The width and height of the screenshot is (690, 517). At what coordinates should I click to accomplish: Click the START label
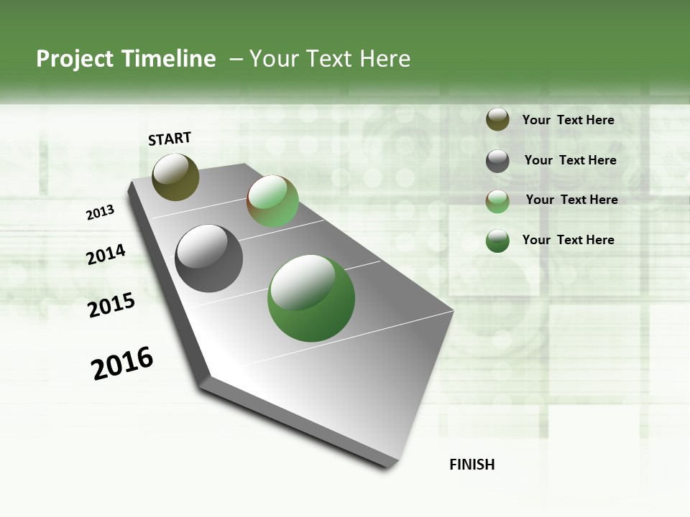click(170, 139)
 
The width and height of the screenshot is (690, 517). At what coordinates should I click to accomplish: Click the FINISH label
click(472, 465)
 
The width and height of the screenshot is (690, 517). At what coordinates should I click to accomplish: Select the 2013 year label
click(101, 213)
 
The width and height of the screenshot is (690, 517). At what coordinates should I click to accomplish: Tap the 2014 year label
click(106, 254)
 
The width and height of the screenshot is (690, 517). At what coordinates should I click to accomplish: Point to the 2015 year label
click(111, 305)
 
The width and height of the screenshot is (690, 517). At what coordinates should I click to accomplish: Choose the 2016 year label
click(122, 363)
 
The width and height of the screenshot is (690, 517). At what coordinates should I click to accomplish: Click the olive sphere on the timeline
click(176, 177)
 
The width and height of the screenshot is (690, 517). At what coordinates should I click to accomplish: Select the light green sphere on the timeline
click(272, 201)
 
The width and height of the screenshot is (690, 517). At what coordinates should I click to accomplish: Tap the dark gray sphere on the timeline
click(209, 258)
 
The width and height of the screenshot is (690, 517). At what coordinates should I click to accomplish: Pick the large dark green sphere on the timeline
click(311, 298)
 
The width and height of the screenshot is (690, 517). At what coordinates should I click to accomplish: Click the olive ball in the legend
click(497, 120)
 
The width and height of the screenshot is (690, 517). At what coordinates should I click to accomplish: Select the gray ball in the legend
click(497, 161)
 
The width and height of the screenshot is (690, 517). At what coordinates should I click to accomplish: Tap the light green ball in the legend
click(497, 201)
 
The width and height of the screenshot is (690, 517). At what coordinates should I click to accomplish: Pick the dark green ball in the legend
click(497, 241)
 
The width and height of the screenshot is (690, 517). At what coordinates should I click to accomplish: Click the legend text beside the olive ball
click(568, 120)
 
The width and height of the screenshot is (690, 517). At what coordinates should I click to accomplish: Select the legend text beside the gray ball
click(570, 160)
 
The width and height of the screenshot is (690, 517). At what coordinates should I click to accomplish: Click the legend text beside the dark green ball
click(568, 240)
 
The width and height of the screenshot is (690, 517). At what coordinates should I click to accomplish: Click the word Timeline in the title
click(168, 59)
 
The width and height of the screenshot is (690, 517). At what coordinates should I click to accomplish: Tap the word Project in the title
click(75, 59)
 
